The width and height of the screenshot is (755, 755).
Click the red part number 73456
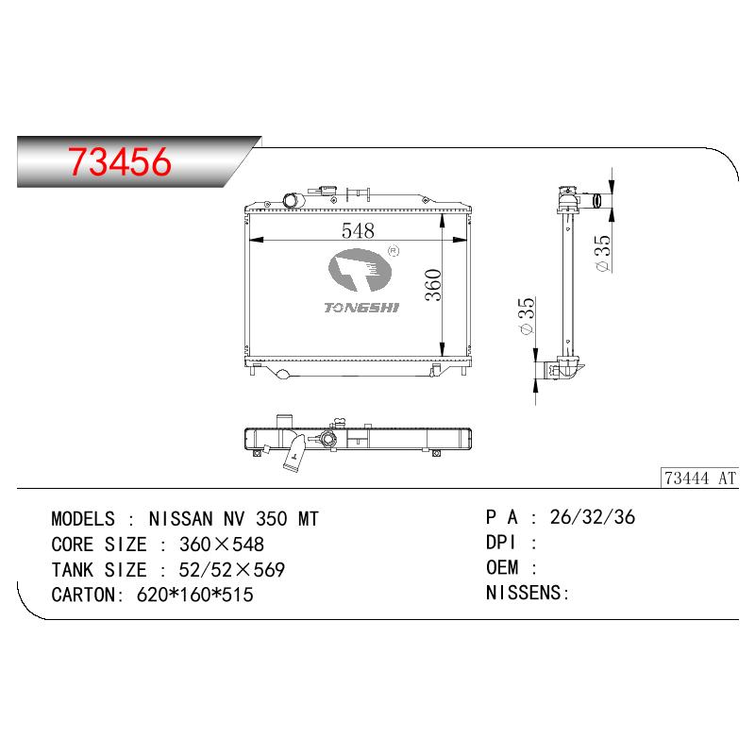click(x=120, y=161)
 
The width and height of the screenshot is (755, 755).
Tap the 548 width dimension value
click(x=358, y=230)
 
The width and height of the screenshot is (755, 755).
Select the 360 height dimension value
click(x=433, y=285)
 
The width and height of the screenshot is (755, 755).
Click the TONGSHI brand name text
click(x=361, y=308)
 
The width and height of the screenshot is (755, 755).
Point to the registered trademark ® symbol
click(x=394, y=251)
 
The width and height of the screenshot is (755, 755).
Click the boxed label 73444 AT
click(x=699, y=478)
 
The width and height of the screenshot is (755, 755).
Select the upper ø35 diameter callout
click(x=603, y=253)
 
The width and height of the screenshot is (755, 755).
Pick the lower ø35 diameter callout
click(x=527, y=316)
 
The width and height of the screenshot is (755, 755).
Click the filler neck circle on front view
click(x=291, y=200)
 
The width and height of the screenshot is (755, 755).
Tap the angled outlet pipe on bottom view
click(x=294, y=454)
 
